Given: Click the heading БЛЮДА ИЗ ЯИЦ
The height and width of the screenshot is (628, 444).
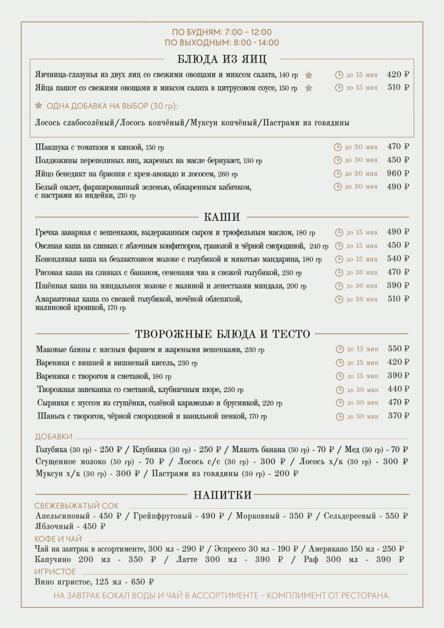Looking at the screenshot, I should coord(222,58).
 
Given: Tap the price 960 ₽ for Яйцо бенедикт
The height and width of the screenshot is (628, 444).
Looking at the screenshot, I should coord(398,173).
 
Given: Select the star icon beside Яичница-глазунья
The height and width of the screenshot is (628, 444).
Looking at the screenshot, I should coord(309,75).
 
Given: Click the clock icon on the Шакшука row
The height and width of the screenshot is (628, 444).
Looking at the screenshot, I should coord(338,147).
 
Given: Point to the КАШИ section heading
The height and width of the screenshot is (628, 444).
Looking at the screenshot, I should coord(222,217).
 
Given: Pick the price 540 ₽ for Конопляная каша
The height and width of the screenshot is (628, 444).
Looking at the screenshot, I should coord(398,259).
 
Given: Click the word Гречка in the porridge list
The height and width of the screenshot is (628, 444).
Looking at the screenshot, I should coord(47,232).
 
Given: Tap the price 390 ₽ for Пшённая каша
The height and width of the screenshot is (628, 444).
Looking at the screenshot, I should coord(398,286).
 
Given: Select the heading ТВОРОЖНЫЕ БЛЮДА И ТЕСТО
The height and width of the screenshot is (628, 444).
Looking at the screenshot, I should coord(223,334).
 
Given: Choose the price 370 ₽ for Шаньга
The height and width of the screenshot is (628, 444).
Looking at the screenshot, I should coord(398,416).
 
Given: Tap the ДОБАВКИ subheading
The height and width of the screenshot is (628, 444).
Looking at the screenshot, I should coord(54,437).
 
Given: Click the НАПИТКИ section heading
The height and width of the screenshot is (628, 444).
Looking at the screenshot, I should coord(223,495).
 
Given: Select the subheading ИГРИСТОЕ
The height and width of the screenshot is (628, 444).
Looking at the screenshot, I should coord(55,571).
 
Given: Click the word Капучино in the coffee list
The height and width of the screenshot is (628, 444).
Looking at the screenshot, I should coord(53,560).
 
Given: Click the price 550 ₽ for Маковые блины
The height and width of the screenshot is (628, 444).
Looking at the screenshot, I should coord(398,349).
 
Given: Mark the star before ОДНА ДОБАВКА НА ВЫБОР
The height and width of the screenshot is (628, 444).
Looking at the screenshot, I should coord(39,106).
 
